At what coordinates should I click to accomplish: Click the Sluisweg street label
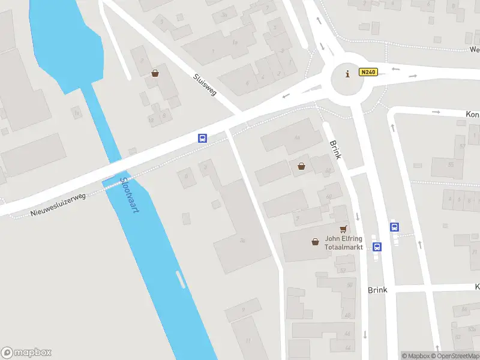coord(205,85)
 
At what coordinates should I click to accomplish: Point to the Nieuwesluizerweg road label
coord(58,205)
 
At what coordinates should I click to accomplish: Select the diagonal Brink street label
coord(335,149)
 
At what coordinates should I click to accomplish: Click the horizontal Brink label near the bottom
coord(377,290)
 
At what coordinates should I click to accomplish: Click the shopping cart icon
coord(343,229)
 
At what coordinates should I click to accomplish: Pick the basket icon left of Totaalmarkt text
coord(315,242)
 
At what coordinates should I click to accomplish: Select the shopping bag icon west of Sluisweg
coord(155,73)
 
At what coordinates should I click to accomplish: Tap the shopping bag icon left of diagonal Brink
coord(301,166)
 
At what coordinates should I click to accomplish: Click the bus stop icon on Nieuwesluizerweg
coord(203,138)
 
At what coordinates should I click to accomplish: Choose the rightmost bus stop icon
coord(395,227)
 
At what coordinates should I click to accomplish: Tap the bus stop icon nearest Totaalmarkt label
coord(377,247)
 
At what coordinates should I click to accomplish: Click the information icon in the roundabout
coord(347,74)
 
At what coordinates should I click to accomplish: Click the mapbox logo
coord(26,353)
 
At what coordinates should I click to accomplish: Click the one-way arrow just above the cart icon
coord(358,216)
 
